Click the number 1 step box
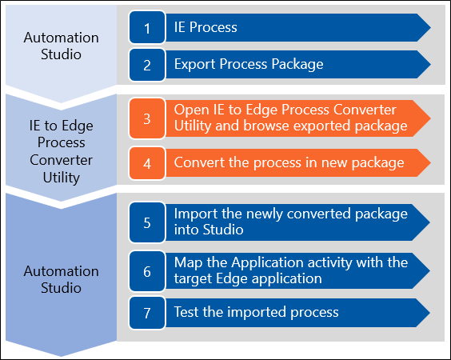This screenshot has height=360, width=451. point(147,27)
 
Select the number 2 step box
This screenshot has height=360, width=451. point(147,65)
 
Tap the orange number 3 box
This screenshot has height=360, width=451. point(147,118)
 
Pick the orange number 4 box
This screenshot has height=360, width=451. point(147,163)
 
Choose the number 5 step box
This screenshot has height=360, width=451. point(147,222)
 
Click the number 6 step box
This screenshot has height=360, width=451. point(147,271)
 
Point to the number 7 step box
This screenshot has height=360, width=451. point(147,313)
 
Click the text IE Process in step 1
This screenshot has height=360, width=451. point(206,27)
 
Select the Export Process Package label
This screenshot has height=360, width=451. point(249,65)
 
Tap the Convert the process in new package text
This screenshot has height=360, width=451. point(289,163)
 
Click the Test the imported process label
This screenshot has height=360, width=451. point(256,312)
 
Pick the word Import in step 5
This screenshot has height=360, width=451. point(196,214)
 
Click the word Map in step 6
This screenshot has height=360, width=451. point(188,263)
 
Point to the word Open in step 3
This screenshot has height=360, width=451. point(191,110)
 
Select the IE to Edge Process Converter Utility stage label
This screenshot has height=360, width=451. point(62,151)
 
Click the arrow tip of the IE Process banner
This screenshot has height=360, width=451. point(430,27)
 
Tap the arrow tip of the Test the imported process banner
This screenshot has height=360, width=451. point(430,313)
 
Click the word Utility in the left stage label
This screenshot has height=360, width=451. point(62,178)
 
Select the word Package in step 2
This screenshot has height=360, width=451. point(297,65)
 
